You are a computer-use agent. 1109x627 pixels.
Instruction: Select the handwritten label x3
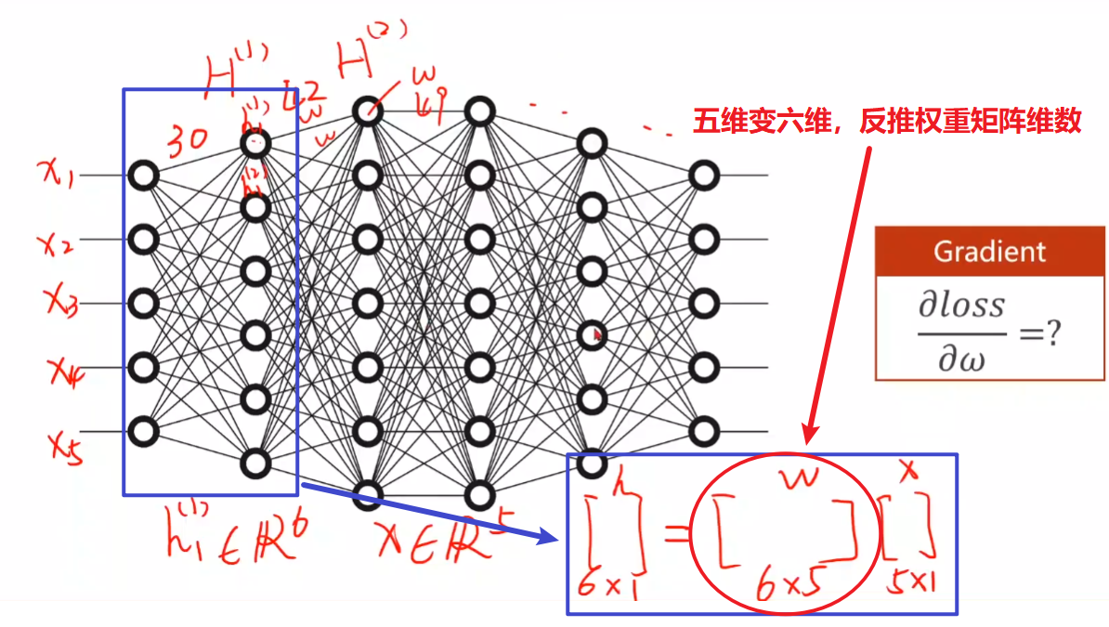click(x=61, y=301)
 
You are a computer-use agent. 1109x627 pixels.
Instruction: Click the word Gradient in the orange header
click(x=989, y=251)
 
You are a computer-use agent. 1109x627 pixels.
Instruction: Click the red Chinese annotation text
click(x=886, y=122)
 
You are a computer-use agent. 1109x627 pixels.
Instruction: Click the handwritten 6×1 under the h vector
click(x=604, y=582)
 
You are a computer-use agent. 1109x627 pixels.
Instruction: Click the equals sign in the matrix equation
click(x=676, y=531)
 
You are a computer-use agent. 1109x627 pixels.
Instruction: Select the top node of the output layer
click(x=703, y=175)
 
